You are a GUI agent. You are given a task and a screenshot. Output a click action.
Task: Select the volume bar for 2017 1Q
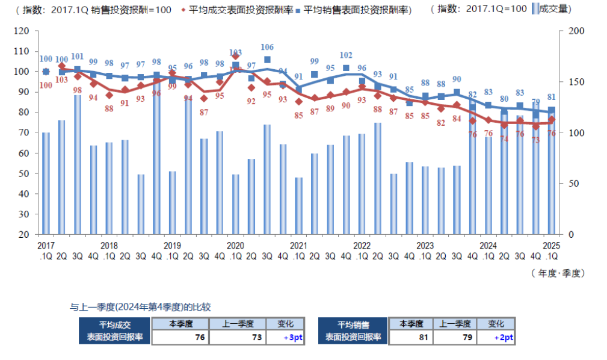click(x=46, y=183)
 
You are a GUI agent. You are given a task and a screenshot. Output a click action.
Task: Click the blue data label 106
click(x=267, y=47)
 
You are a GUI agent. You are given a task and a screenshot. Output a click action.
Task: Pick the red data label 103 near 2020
click(x=235, y=52)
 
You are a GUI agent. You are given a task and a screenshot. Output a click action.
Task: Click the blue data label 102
click(x=346, y=55)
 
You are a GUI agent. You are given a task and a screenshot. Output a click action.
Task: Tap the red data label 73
click(x=535, y=140)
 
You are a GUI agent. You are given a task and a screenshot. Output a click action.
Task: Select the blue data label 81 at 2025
click(x=551, y=97)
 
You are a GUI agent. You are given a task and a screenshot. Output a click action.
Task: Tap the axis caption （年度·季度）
click(x=557, y=273)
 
